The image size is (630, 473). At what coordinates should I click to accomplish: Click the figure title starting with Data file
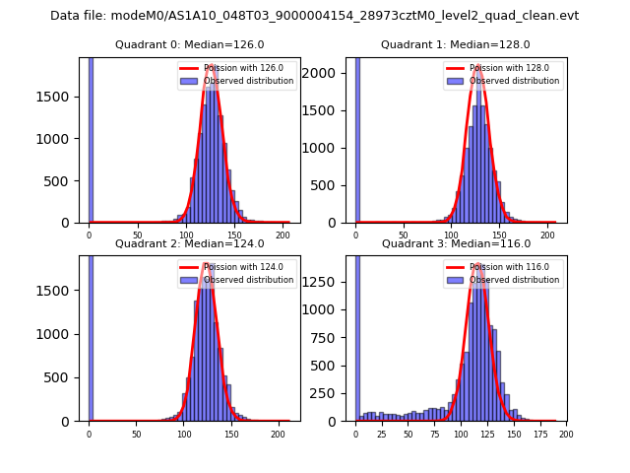314,16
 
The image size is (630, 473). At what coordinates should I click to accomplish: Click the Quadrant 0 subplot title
189,44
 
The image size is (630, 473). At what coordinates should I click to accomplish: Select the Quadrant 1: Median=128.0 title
455,44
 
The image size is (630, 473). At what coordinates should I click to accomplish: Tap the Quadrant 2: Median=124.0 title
189,243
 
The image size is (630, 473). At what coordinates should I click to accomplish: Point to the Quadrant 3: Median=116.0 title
455,243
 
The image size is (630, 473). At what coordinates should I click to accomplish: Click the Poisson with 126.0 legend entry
237,69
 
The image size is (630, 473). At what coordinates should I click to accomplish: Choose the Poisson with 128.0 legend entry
504,69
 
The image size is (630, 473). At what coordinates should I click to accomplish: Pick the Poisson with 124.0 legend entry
237,267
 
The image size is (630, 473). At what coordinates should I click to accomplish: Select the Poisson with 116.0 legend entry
504,267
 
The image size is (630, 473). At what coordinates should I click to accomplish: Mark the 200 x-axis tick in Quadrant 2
279,434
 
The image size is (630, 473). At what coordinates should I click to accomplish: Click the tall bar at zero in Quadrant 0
91,138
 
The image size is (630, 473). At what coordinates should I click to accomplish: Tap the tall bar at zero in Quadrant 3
356,335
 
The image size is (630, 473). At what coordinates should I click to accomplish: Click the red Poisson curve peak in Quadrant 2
207,264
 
